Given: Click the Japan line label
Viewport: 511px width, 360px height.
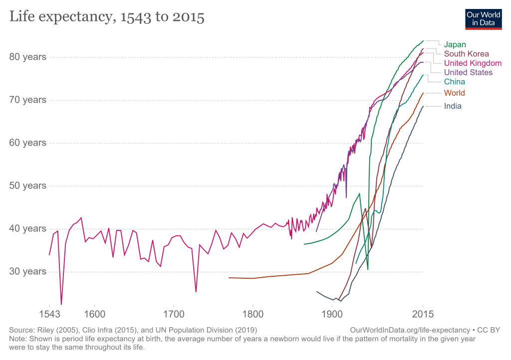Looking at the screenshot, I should pyautogui.click(x=455, y=44).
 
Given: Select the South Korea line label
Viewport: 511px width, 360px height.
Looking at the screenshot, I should pyautogui.click(x=466, y=54).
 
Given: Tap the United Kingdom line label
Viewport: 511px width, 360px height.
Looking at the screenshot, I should pyautogui.click(x=473, y=63).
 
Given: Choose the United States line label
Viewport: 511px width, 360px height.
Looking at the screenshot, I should pyautogui.click(x=468, y=72).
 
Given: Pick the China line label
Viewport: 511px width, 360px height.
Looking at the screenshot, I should pyautogui.click(x=454, y=82).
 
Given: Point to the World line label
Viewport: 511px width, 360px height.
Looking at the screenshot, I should pyautogui.click(x=454, y=93).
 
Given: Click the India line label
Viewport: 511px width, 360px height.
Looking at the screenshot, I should pyautogui.click(x=453, y=106).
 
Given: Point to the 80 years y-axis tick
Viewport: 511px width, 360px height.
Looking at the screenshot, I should pyautogui.click(x=27, y=57).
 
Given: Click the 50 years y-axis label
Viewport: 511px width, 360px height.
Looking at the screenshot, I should pyautogui.click(x=27, y=185).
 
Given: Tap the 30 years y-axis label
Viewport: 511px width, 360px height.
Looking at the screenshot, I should pyautogui.click(x=27, y=272).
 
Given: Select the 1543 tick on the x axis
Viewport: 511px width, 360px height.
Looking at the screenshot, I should pyautogui.click(x=49, y=315).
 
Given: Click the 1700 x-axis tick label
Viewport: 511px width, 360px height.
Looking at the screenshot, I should pyautogui.click(x=173, y=315).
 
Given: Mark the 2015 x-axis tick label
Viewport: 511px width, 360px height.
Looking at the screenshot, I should pyautogui.click(x=423, y=315).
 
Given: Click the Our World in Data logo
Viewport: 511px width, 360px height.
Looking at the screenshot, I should pyautogui.click(x=483, y=19).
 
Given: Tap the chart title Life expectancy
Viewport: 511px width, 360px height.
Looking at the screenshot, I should pyautogui.click(x=106, y=17).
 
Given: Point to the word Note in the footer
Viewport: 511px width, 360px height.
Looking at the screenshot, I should pyautogui.click(x=18, y=338).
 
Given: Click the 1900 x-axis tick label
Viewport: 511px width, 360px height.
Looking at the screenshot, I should pyautogui.click(x=332, y=315).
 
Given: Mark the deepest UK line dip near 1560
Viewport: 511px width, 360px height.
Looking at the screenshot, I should pyautogui.click(x=61, y=304).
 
